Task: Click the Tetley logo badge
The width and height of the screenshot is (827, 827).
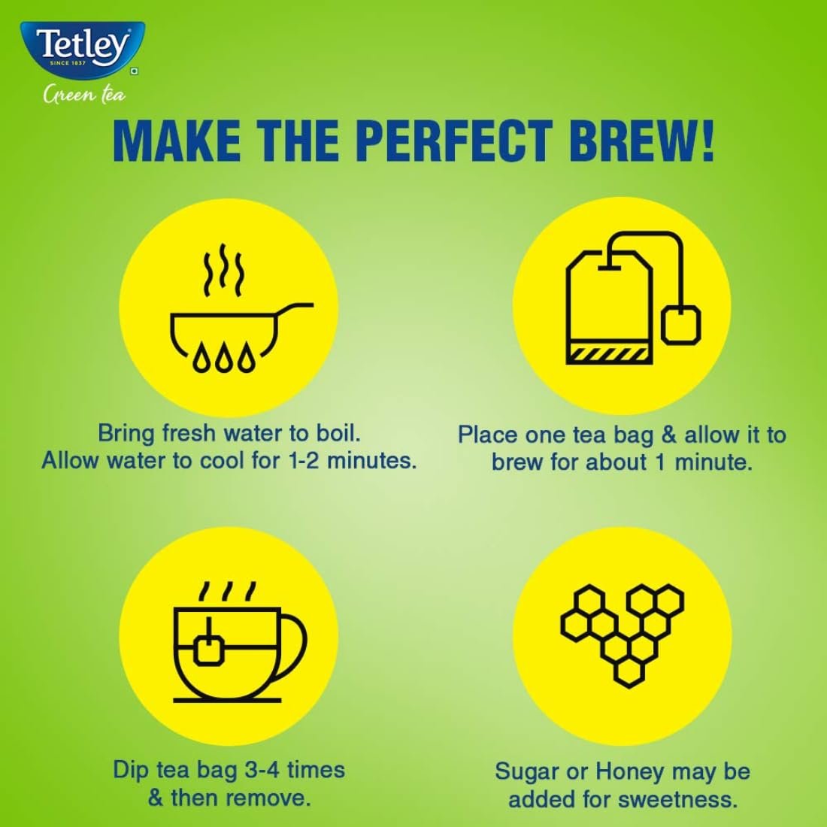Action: [x=82, y=50]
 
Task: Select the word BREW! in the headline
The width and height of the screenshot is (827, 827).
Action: [x=642, y=141]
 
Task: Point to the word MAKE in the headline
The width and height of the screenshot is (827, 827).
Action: [x=177, y=141]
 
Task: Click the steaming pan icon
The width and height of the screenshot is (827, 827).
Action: [x=241, y=307]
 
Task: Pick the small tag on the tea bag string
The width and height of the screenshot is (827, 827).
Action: [x=681, y=324]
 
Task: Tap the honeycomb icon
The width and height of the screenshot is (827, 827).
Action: [x=623, y=635]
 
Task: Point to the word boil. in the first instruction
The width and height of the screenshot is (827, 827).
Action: [x=338, y=433]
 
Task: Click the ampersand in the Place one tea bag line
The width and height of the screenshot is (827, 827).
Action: [x=668, y=435]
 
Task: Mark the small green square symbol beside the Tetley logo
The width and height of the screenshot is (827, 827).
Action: [x=135, y=71]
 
